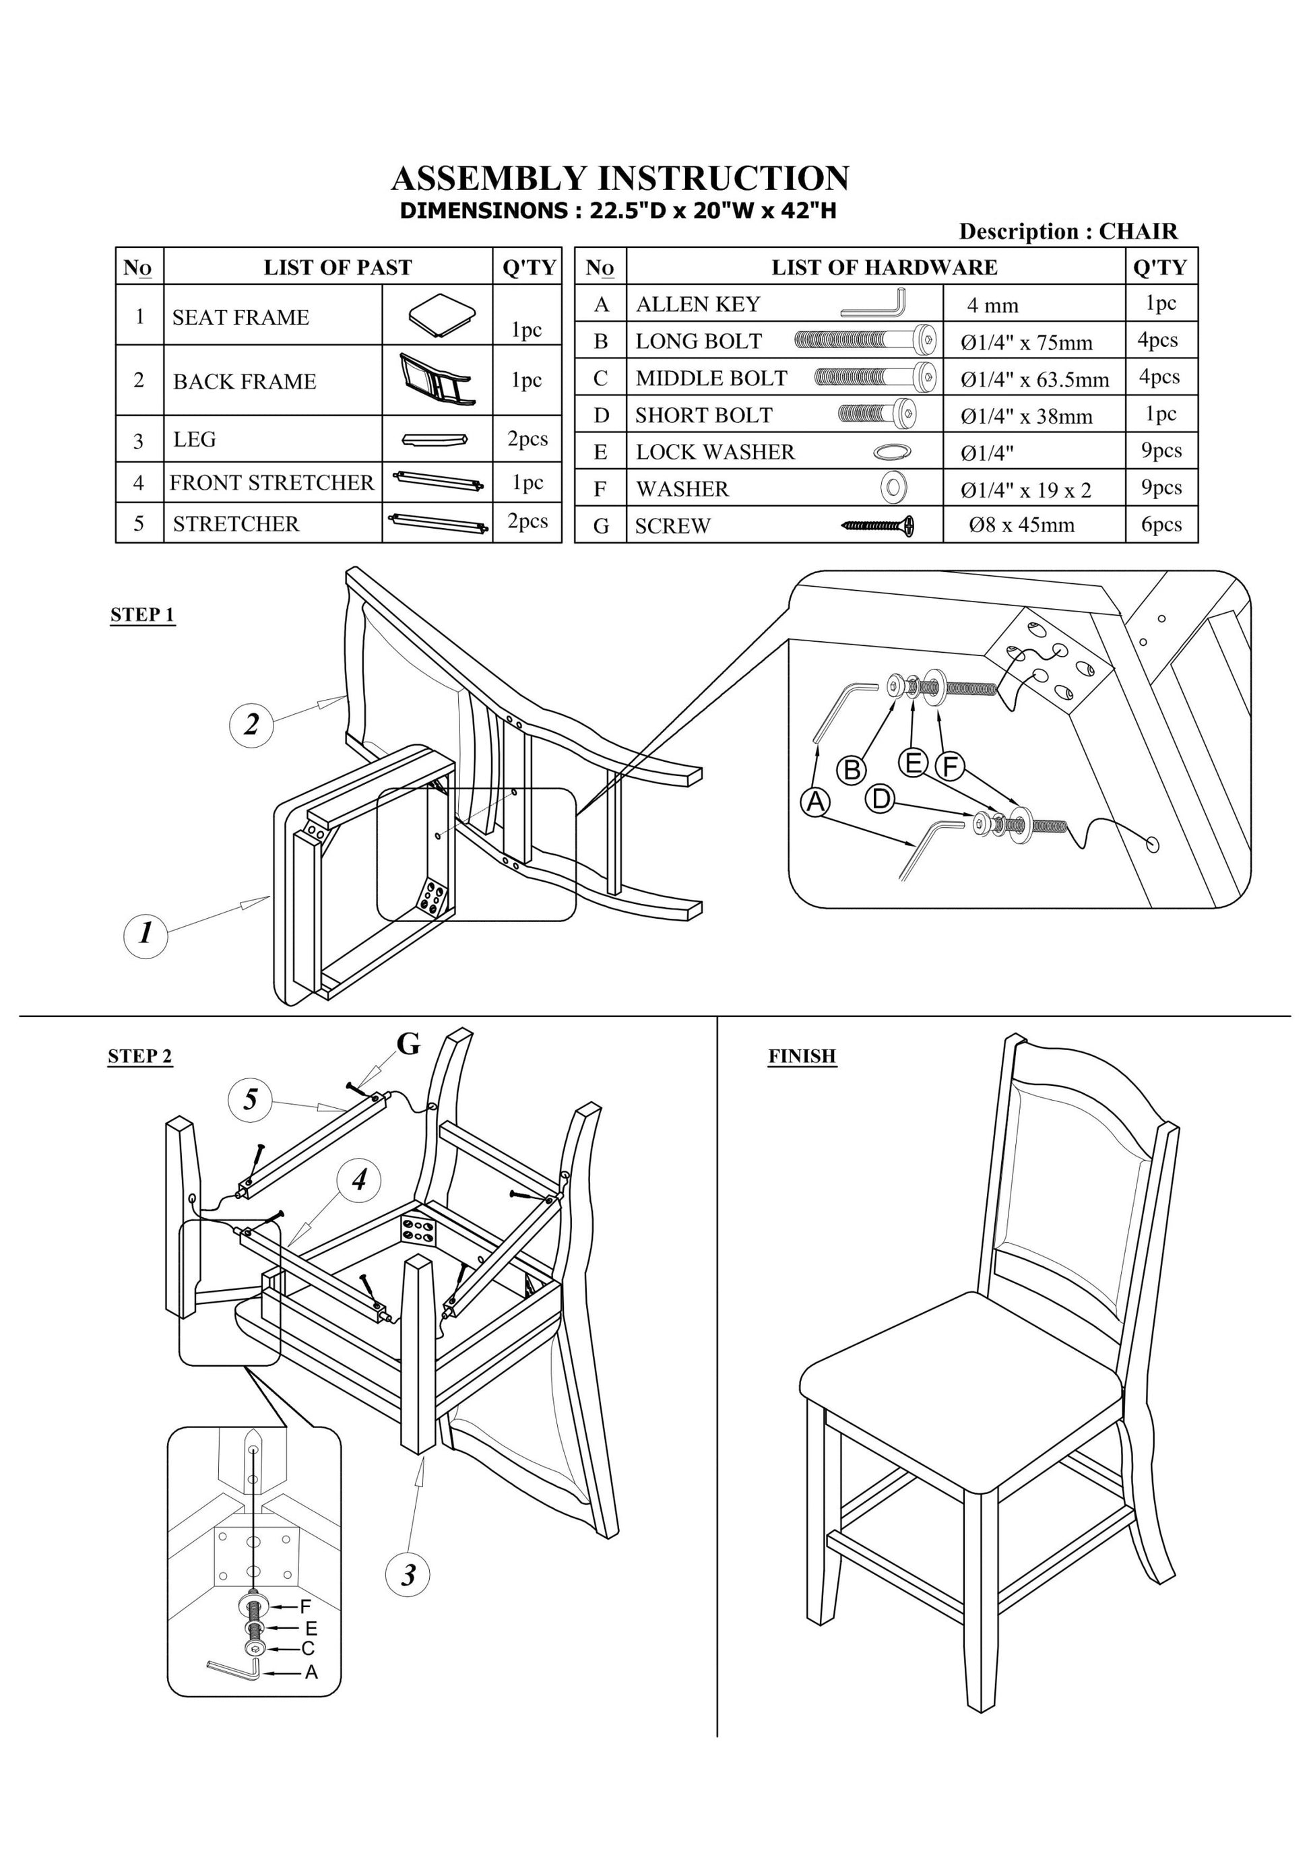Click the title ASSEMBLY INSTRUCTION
[620, 178]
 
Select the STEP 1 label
[142, 615]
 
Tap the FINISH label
[801, 1056]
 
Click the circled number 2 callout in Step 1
[251, 724]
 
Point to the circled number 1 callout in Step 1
[146, 935]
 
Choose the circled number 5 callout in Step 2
[251, 1099]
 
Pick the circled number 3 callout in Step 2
[408, 1575]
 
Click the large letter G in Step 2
[408, 1045]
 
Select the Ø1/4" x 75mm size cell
[1027, 343]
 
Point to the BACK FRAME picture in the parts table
[437, 380]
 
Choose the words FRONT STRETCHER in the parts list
[271, 482]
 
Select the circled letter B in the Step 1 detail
[851, 769]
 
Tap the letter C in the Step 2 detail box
[308, 1648]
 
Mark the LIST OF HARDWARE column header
[885, 267]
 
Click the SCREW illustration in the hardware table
[878, 526]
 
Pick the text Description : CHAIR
[1068, 232]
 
